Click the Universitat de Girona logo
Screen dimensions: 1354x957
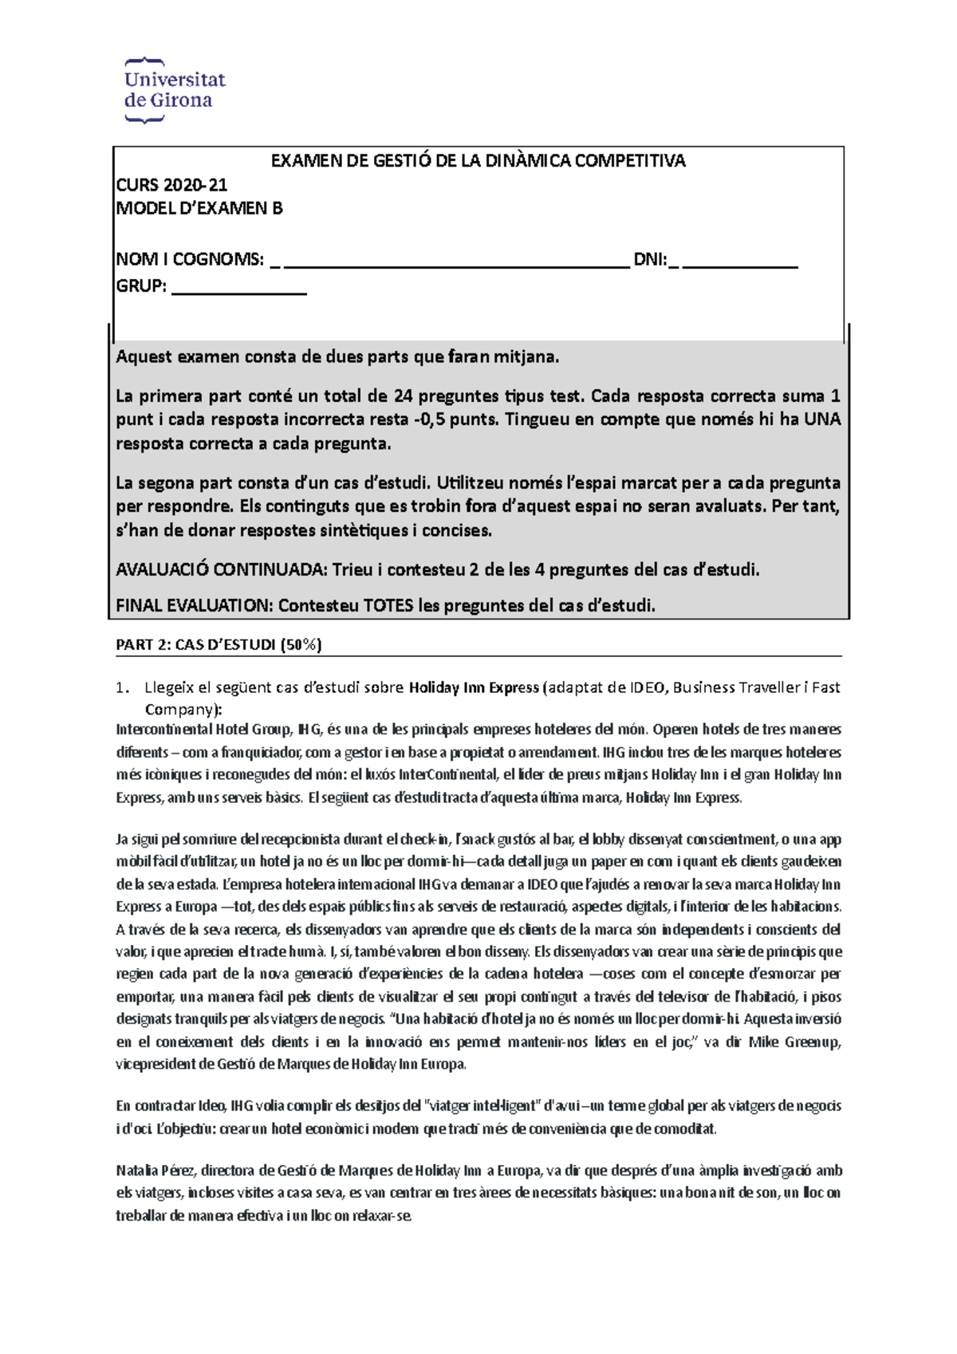pyautogui.click(x=175, y=90)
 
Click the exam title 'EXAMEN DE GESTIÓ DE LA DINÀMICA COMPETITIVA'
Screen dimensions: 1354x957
pyautogui.click(x=478, y=161)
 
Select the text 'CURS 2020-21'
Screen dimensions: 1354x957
pyautogui.click(x=171, y=185)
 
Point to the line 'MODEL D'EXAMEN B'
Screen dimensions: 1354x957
pyautogui.click(x=199, y=209)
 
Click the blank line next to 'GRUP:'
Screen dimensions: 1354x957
pyautogui.click(x=238, y=289)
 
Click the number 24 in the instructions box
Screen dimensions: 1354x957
pyautogui.click(x=403, y=396)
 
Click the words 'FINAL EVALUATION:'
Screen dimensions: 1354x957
pyautogui.click(x=194, y=606)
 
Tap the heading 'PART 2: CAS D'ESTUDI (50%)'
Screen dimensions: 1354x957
pyautogui.click(x=219, y=645)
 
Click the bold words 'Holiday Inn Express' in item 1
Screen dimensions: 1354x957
pyautogui.click(x=474, y=688)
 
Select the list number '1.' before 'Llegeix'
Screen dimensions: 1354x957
pyautogui.click(x=122, y=688)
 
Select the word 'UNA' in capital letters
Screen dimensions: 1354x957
pyautogui.click(x=821, y=420)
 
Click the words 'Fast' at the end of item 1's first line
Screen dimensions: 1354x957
pyautogui.click(x=826, y=688)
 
